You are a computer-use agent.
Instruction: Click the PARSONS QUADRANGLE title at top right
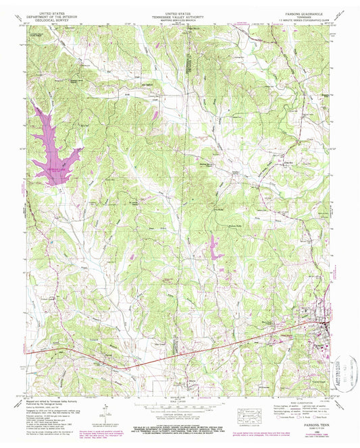click(302, 13)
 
